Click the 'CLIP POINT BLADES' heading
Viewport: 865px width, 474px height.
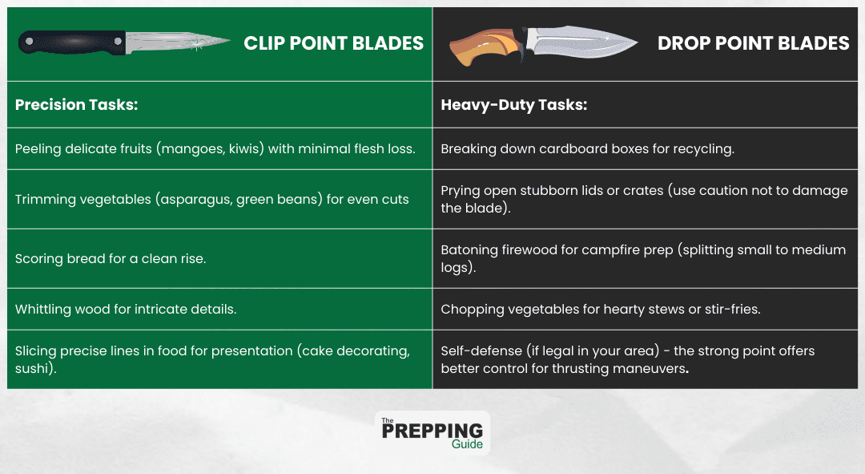pyautogui.click(x=333, y=43)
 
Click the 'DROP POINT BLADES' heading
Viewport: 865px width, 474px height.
pyautogui.click(x=753, y=43)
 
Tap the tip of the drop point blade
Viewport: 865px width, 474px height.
pyautogui.click(x=636, y=44)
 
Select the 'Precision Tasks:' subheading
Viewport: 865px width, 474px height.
pyautogui.click(x=76, y=104)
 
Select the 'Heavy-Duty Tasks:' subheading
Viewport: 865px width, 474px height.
pyautogui.click(x=513, y=104)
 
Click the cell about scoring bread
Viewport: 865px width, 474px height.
pyautogui.click(x=110, y=259)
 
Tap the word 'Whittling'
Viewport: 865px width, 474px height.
pyautogui.click(x=44, y=309)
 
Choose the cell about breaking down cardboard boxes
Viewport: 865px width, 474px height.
pyautogui.click(x=587, y=148)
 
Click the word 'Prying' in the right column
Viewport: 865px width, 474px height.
pyautogui.click(x=461, y=190)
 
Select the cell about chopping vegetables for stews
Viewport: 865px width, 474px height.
pyautogui.click(x=601, y=309)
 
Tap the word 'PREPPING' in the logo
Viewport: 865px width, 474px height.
pyautogui.click(x=432, y=431)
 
